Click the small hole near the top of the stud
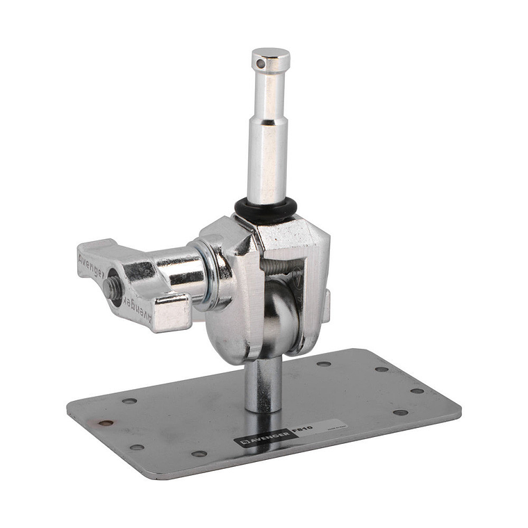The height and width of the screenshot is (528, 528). pos(260,65)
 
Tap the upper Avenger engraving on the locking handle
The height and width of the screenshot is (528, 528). pos(92,263)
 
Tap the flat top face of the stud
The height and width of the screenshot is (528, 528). pos(270,53)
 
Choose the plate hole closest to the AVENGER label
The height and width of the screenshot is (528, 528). pos(199,454)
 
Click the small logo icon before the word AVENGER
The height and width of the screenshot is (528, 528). pos(242,442)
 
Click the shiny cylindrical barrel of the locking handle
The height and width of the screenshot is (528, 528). pos(179,270)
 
